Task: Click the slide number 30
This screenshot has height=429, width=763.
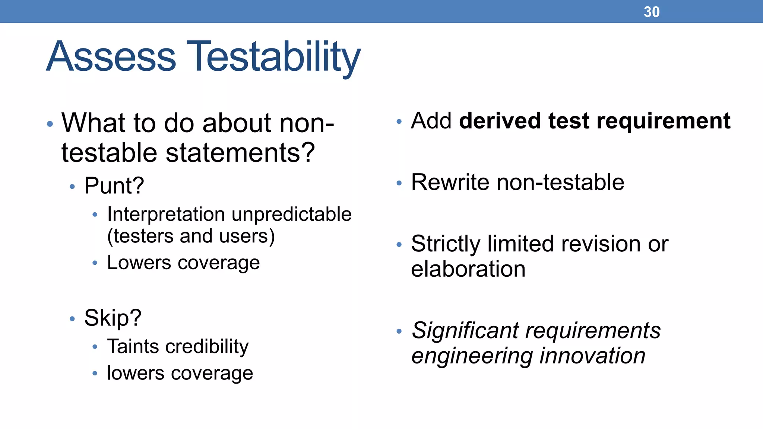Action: [x=651, y=12]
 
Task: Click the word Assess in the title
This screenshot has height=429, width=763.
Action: [x=111, y=57]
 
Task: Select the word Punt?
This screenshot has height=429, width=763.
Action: [x=114, y=185]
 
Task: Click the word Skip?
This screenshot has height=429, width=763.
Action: [x=113, y=318]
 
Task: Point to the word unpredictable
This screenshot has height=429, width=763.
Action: [x=291, y=214]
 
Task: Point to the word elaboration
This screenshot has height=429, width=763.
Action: [x=468, y=269]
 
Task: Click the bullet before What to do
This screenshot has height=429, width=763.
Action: [x=50, y=124]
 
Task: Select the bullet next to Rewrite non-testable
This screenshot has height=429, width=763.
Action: [x=399, y=183]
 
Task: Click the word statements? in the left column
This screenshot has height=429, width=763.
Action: [x=240, y=153]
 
